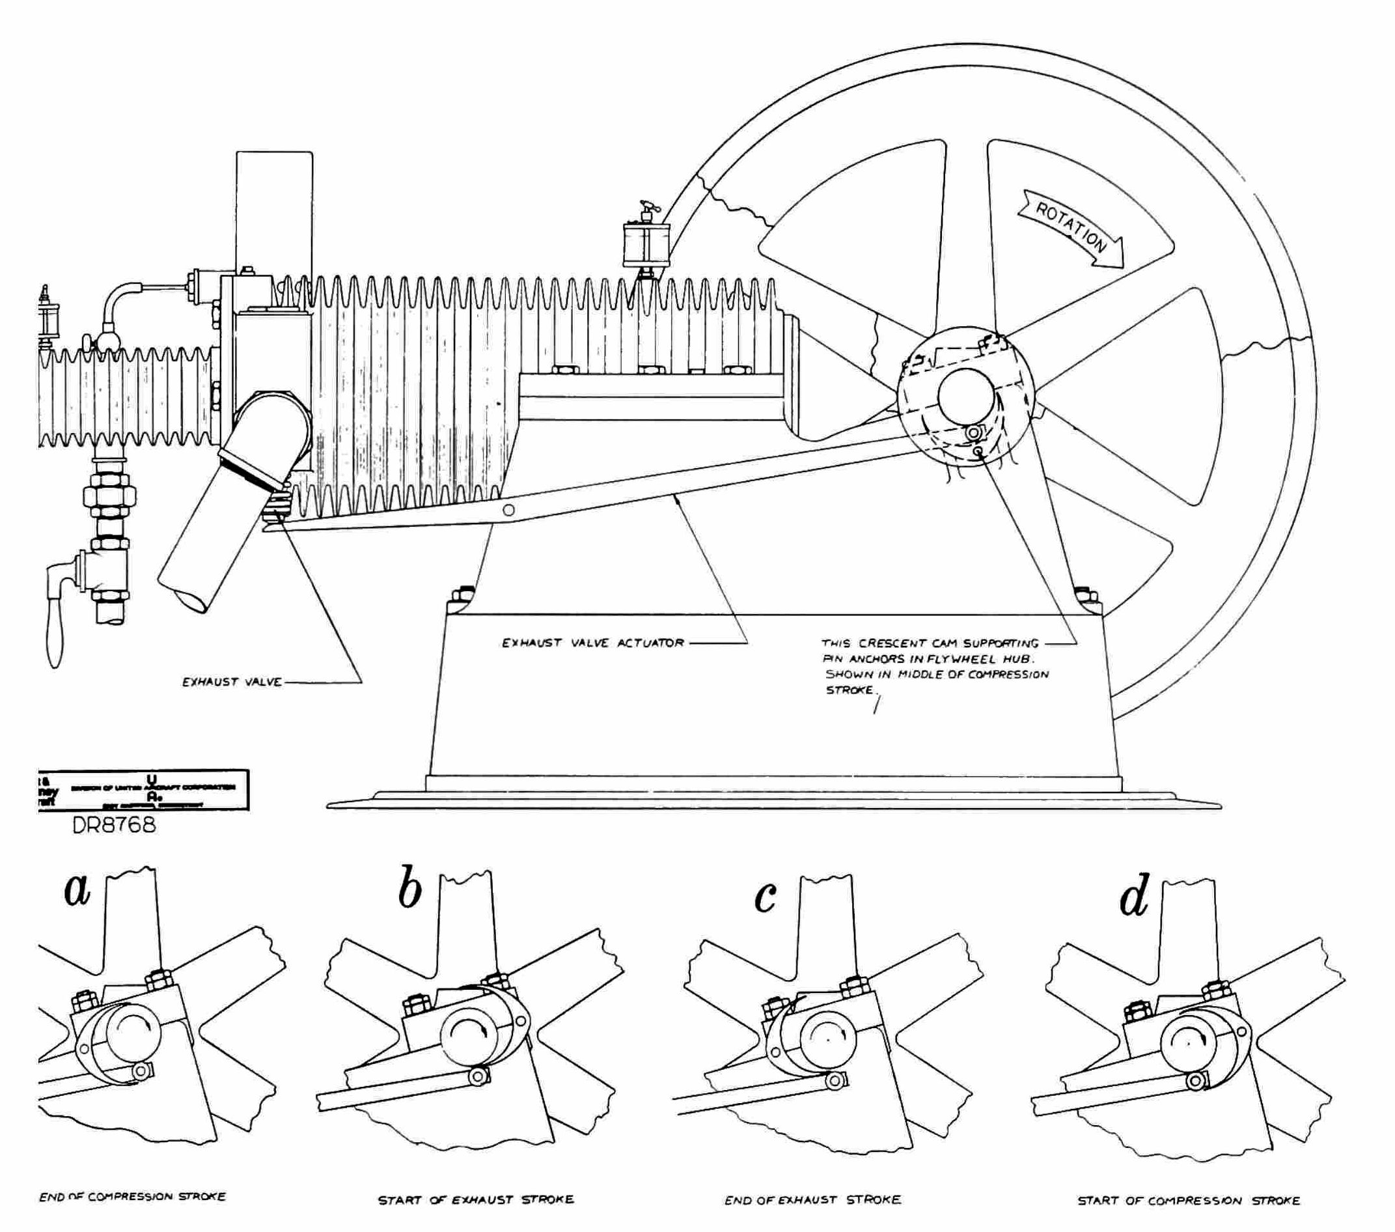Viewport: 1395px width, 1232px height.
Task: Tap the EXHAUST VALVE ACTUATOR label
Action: [x=592, y=643]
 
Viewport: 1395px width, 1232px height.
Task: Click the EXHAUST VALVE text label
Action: [x=231, y=682]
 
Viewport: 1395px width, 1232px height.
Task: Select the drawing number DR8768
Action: [x=114, y=825]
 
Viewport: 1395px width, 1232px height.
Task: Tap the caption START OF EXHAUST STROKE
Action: [x=476, y=1200]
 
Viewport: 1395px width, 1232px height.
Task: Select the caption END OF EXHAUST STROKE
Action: [x=812, y=1200]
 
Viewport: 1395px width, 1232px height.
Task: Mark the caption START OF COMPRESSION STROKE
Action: [x=1188, y=1201]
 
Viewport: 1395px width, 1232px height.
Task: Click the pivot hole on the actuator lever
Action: [x=508, y=510]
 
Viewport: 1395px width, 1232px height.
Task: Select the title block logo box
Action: [x=143, y=791]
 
